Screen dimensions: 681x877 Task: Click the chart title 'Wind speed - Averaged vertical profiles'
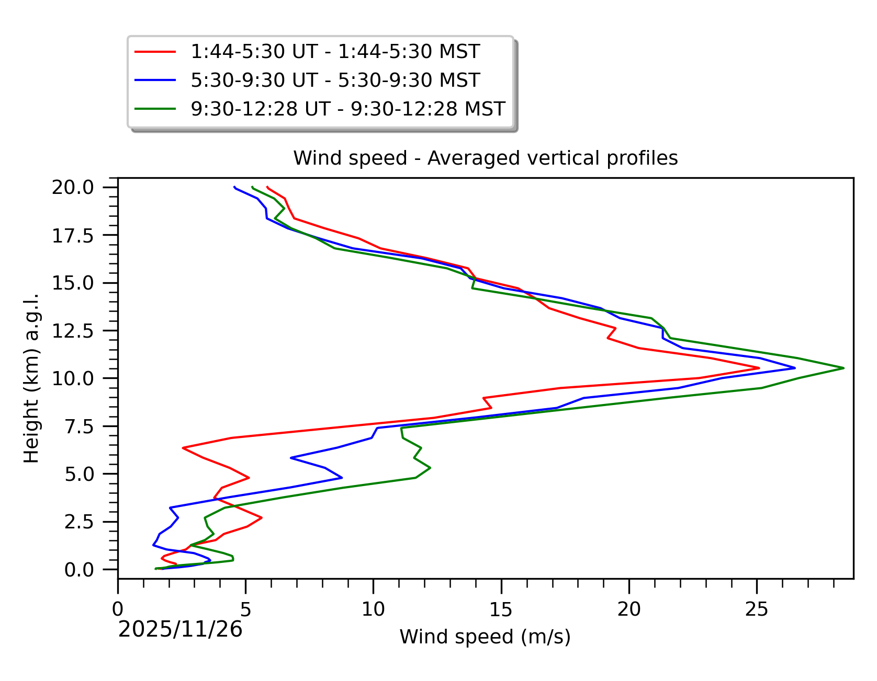pos(485,158)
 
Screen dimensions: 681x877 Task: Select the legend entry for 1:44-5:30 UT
pos(335,52)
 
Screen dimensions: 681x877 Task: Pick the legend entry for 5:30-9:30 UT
pos(335,80)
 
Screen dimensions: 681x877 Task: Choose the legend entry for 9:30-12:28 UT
pos(347,109)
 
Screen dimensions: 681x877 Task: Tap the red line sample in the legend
pos(155,52)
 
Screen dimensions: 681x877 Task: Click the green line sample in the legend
pos(155,109)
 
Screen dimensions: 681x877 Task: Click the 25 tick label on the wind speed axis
pos(757,609)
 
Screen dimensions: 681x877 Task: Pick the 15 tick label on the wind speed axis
pos(501,609)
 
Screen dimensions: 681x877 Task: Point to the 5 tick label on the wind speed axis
pos(245,609)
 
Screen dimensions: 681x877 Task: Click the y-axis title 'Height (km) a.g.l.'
pos(31,378)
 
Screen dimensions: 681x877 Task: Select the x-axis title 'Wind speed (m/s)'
pos(485,637)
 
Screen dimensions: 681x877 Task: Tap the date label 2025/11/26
pos(180,630)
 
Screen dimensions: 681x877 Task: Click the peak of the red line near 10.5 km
pos(759,368)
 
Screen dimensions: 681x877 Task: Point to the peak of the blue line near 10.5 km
pos(795,368)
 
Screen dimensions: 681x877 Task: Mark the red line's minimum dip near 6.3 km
pos(183,448)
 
